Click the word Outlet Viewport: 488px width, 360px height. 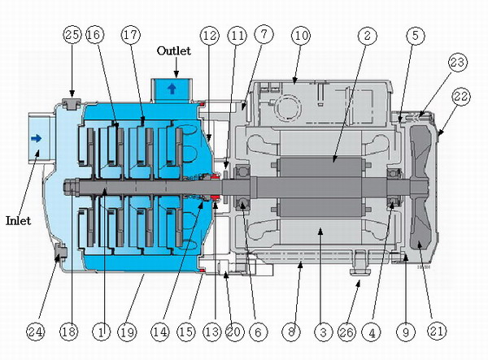click(174, 51)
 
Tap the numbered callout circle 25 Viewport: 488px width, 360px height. click(72, 36)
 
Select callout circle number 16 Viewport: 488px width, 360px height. click(95, 36)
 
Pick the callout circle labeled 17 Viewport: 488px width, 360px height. click(130, 36)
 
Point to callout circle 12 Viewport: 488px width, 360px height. click(211, 36)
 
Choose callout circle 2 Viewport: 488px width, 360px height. click(368, 36)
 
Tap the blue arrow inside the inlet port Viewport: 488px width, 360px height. click(35, 139)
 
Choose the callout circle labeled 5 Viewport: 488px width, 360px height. click(414, 36)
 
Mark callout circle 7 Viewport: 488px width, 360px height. click(263, 36)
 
